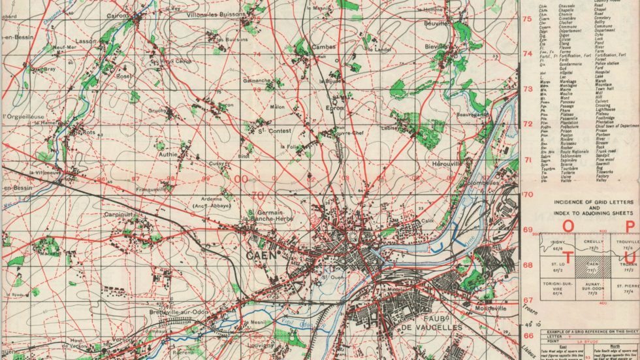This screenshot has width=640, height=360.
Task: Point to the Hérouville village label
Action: coord(447,163)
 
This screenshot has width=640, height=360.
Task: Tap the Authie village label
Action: coord(168,155)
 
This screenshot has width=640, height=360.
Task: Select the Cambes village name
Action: coord(323,47)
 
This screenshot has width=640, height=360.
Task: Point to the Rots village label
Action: coord(88,132)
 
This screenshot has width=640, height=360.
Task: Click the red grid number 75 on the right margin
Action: coord(527,19)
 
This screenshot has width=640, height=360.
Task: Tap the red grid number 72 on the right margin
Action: coord(527,123)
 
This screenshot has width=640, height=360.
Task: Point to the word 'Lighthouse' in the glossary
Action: coord(610,108)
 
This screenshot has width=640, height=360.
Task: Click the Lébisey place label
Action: coord(391,127)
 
